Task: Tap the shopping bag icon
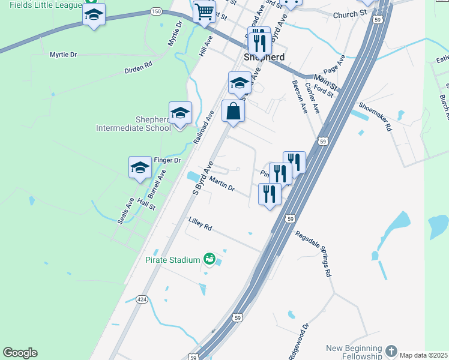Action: pos(233,111)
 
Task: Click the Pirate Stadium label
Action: pos(172,260)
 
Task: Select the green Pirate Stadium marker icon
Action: pos(209,259)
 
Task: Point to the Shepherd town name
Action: pos(264,57)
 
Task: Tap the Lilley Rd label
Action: pos(200,224)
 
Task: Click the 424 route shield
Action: pos(142,299)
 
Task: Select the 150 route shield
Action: pos(156,11)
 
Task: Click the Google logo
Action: pos(20,353)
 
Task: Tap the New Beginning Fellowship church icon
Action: pos(391,350)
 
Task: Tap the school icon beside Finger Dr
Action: pos(140,167)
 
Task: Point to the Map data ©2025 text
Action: pos(423,355)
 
